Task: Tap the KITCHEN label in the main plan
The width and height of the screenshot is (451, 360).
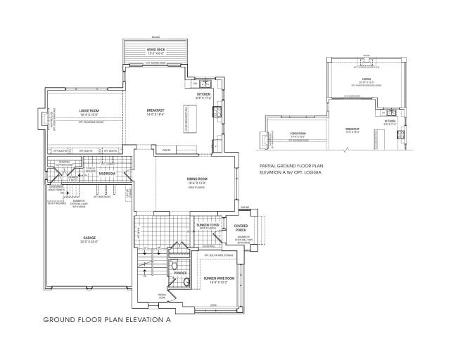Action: pos(203,94)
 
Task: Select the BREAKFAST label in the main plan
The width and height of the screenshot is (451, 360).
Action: pos(155,110)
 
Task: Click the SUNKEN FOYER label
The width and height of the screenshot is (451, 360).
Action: pos(208,224)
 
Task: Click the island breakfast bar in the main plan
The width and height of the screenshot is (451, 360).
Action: pos(186,116)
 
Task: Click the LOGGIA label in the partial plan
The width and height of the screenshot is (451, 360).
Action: pos(366,78)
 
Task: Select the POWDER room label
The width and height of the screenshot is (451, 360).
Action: pos(179,271)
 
